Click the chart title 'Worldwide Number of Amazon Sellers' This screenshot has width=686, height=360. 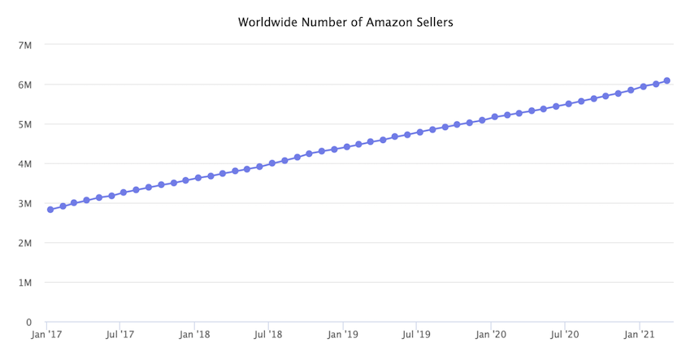point(345,22)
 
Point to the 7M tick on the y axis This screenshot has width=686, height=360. point(24,45)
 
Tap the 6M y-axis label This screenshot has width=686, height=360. point(24,85)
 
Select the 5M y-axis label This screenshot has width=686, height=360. point(24,124)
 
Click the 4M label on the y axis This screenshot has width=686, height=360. point(24,163)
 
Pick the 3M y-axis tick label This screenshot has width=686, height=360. point(24,203)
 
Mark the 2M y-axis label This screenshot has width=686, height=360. point(24,243)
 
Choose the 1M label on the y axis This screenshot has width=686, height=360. point(24,283)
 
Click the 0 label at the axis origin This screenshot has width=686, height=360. point(28,323)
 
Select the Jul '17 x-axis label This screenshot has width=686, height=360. point(119,334)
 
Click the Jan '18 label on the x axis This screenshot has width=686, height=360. point(194,334)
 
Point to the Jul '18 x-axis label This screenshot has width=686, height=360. point(268,334)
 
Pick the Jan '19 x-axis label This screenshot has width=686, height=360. point(343,334)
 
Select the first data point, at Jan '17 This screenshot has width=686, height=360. point(50,210)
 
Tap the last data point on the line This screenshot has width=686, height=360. point(666,80)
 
